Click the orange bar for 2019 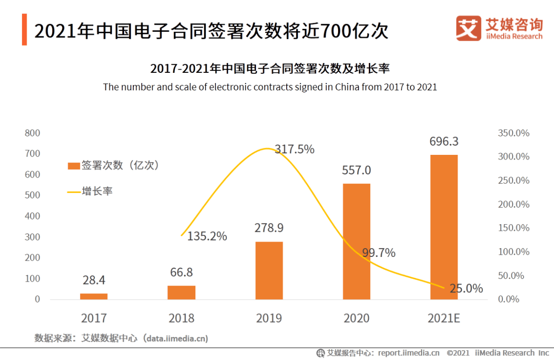point(269,270)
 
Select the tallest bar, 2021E point(444,227)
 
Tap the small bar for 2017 point(94,296)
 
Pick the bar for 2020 point(357,241)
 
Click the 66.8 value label point(182,272)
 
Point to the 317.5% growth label point(294,149)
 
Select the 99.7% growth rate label point(379,253)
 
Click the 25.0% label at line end point(466,289)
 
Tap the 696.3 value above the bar point(444,142)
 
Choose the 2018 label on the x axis point(182,318)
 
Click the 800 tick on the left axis point(32,133)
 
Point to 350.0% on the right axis point(513,133)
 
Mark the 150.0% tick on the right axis point(513,228)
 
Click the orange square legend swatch point(74,166)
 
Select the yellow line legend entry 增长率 point(90,191)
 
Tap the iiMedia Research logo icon point(468,28)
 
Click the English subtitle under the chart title point(270,87)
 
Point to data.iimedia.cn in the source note point(175,338)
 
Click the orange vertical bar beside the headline point(24,30)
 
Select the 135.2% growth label point(207,236)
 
